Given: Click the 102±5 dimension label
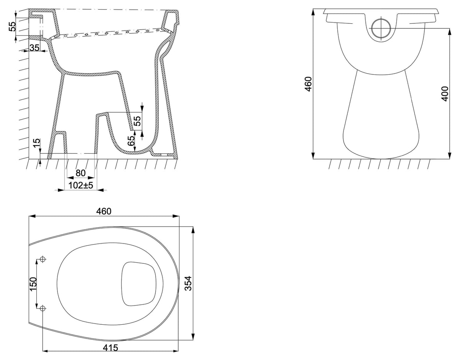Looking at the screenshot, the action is [x=80, y=186].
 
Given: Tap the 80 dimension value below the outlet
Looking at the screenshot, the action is [x=80, y=173].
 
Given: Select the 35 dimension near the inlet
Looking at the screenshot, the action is [x=34, y=48].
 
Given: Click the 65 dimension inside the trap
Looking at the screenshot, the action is [x=131, y=141].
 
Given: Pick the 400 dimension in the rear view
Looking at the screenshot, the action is [x=445, y=94].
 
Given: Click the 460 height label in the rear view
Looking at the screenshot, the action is [x=308, y=84].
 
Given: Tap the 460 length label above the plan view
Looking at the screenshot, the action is [x=104, y=211].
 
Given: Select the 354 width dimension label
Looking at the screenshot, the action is [x=188, y=283].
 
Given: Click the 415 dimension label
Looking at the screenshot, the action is [x=110, y=347].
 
